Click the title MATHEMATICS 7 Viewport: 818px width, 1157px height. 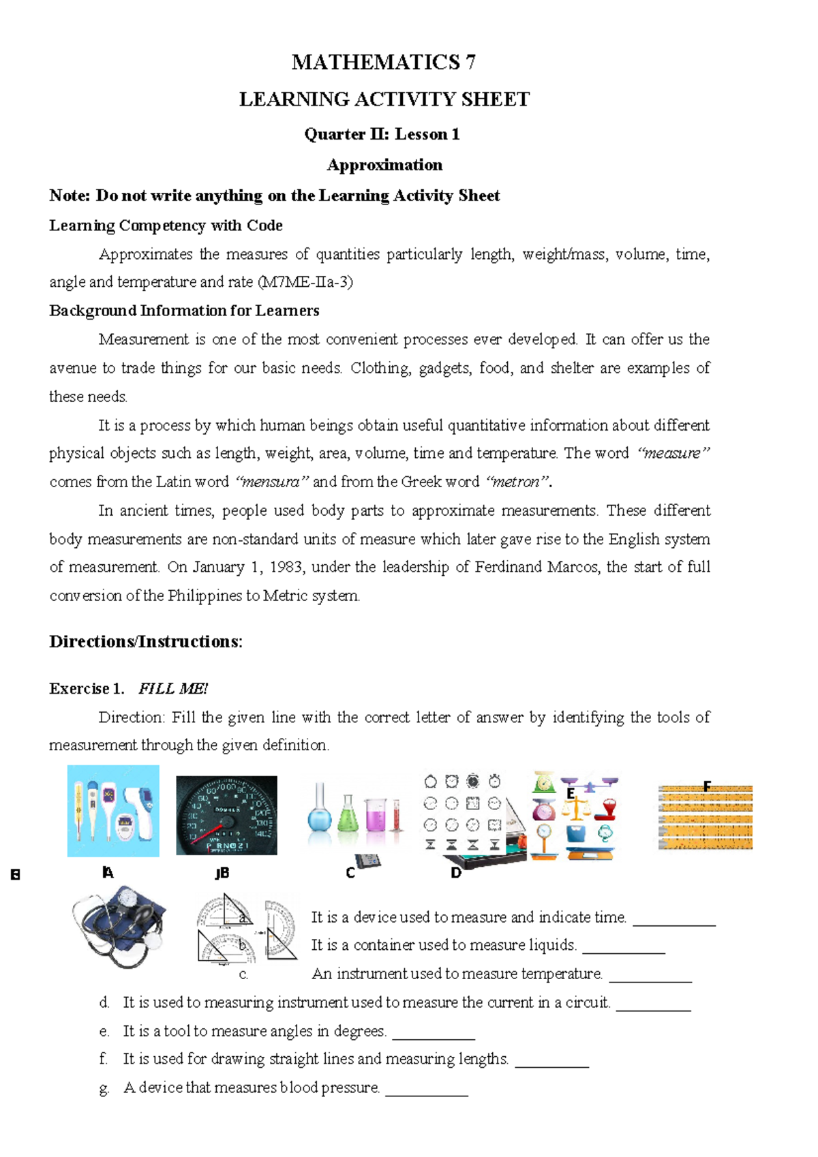pos(383,62)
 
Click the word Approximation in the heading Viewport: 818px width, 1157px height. pos(384,165)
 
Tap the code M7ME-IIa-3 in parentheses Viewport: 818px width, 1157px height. pos(306,282)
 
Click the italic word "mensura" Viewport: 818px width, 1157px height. pos(271,482)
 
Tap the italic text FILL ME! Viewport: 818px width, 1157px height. pos(172,688)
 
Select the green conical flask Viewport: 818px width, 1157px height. pos(348,814)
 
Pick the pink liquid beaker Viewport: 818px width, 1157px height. pos(376,814)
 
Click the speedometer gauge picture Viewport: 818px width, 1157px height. pos(226,815)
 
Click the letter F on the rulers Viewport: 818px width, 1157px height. pos(707,786)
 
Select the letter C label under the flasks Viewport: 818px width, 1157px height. pos(350,873)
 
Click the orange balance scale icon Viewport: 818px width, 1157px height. pos(577,808)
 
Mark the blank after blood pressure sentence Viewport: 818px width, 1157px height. pos(427,1089)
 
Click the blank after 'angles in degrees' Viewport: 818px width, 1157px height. pos(434,1032)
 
